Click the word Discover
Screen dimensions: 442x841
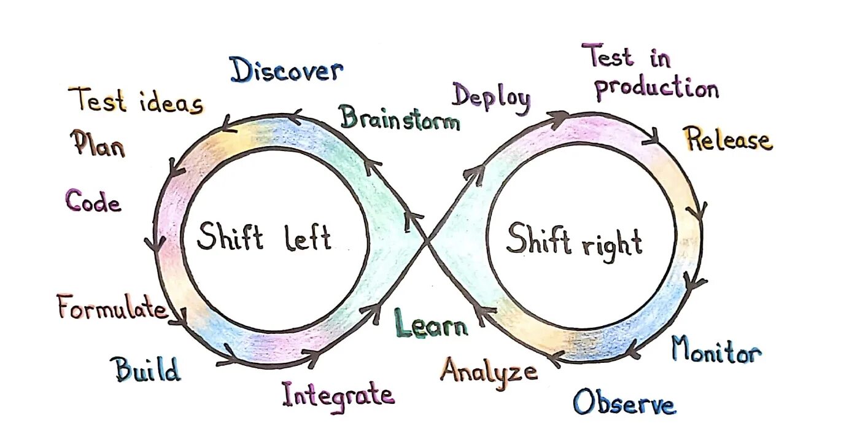[x=286, y=71]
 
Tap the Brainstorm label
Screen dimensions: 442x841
[x=400, y=118]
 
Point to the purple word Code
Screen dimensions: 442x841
[x=93, y=201]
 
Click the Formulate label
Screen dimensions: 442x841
[x=112, y=308]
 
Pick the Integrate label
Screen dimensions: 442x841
[x=338, y=394]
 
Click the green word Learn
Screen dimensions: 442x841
[x=430, y=324]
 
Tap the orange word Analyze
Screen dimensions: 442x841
[x=489, y=371]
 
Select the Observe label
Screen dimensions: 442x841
[x=624, y=403]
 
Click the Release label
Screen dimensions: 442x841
[x=729, y=140]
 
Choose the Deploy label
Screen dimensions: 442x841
[x=491, y=98]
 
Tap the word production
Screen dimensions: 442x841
[x=656, y=88]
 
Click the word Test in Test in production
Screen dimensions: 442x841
[x=608, y=56]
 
